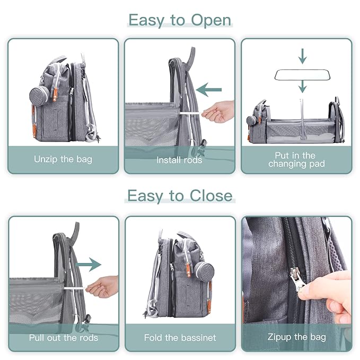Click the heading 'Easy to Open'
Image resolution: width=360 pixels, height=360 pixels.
click(180, 20)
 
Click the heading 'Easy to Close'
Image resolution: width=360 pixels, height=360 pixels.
click(180, 196)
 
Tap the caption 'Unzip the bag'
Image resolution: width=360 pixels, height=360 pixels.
click(63, 159)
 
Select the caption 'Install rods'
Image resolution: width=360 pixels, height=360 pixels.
click(179, 159)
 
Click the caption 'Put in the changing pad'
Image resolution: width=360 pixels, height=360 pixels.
click(296, 160)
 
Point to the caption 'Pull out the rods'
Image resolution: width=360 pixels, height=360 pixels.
click(63, 337)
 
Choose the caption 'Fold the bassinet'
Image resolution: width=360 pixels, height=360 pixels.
click(179, 337)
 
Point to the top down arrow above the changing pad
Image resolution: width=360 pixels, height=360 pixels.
click(302, 55)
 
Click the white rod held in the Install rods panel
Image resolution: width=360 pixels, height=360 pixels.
click(192, 112)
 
